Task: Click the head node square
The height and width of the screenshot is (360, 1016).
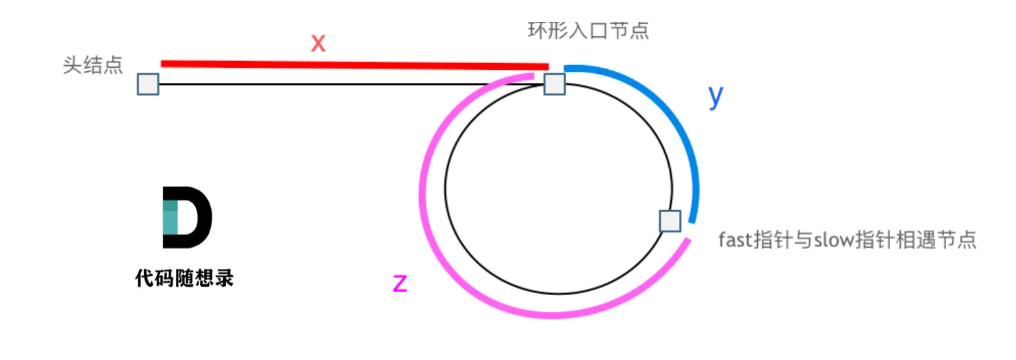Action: coord(148,84)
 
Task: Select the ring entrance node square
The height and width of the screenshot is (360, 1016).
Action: coord(555,84)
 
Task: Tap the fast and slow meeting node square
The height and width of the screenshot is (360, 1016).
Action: coord(670,221)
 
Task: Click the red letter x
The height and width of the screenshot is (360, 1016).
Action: coord(318,43)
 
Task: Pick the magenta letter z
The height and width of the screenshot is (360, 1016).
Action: coord(400,282)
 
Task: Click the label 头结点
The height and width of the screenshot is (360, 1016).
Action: coord(92,66)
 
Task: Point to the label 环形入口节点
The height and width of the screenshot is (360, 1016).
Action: coord(588,31)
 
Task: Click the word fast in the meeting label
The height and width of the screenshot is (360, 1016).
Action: coord(735,240)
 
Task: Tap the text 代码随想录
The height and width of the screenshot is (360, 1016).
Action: coord(185,279)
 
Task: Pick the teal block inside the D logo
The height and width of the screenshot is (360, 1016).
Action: coord(170,217)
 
